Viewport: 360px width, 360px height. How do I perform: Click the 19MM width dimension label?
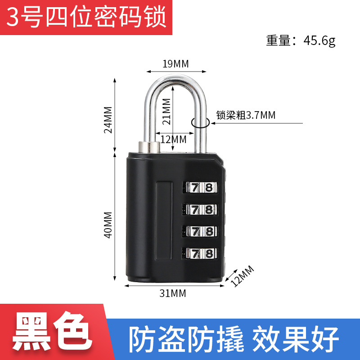point(175,63)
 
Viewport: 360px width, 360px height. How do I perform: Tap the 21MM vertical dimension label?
point(167,111)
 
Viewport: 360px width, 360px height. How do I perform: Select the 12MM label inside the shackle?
point(173,139)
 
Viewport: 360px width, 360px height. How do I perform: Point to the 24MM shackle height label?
point(108,120)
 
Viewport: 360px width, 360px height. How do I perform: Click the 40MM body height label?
point(108,225)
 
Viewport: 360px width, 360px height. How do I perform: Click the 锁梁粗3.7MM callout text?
point(245,115)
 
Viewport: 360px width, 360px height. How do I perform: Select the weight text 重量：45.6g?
point(301,41)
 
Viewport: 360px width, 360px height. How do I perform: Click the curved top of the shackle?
point(175,81)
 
